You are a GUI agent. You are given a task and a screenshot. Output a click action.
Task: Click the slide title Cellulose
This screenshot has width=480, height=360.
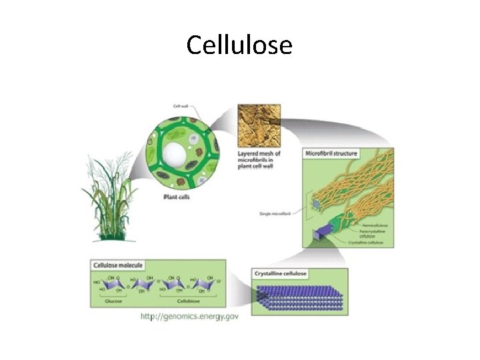pyautogui.click(x=239, y=45)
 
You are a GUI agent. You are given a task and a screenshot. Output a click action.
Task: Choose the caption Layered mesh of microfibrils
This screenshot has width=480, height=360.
pyautogui.click(x=259, y=160)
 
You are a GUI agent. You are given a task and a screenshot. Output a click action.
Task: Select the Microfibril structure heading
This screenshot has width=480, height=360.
pyautogui.click(x=332, y=154)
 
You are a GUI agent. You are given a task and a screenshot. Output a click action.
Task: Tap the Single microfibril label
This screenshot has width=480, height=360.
pyautogui.click(x=276, y=214)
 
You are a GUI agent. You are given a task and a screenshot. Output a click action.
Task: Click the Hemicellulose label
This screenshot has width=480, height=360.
pyautogui.click(x=374, y=225)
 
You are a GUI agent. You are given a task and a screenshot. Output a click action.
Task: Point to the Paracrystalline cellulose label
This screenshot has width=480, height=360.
pyautogui.click(x=373, y=233)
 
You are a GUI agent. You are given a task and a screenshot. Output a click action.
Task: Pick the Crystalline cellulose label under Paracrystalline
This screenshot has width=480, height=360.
pyautogui.click(x=367, y=243)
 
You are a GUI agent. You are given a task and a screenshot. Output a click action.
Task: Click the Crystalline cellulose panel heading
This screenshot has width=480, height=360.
pyautogui.click(x=281, y=274)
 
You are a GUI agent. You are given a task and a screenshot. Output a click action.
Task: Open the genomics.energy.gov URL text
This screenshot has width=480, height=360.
pyautogui.click(x=189, y=316)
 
